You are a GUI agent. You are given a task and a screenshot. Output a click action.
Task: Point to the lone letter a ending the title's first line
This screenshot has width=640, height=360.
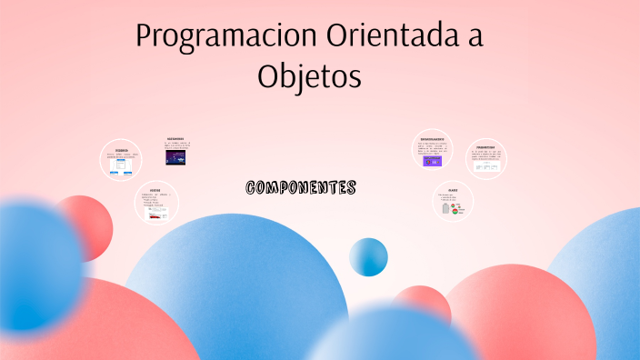point(473,38)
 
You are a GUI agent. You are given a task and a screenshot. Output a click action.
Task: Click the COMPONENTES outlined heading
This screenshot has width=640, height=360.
point(301,188)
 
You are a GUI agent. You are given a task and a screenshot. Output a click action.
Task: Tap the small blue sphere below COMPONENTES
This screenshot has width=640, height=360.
point(368,256)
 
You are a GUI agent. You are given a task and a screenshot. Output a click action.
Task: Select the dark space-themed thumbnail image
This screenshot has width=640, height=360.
point(176,157)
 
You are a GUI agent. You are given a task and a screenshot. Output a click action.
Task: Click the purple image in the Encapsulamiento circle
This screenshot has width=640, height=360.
point(433,161)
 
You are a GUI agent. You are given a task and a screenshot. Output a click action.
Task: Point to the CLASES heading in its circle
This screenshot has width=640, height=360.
point(453,191)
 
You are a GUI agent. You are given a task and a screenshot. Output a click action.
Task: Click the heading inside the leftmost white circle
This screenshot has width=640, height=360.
point(122,150)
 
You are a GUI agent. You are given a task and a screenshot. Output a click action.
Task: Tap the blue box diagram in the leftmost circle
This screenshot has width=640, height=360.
point(122,163)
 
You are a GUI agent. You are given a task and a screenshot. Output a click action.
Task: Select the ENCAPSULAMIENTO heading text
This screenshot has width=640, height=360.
point(433,138)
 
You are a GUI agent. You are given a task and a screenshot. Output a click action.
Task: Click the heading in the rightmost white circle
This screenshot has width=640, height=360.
point(485,146)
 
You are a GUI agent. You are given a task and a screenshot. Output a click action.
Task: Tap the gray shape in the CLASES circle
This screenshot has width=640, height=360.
point(445,209)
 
